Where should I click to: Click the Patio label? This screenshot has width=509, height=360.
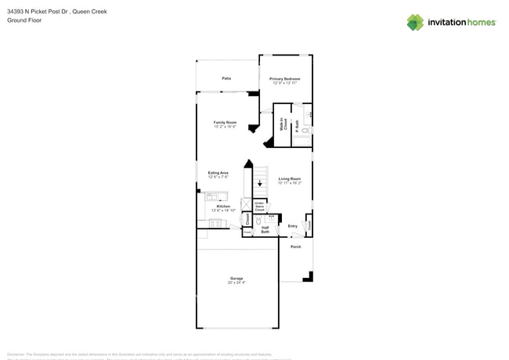[x=226, y=78]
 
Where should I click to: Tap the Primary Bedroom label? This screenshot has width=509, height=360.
[x=284, y=79]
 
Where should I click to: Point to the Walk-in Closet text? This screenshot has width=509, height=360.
[x=283, y=124]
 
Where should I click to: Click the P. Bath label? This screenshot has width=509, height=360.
[x=297, y=124]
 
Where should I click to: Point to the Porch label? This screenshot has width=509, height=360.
[x=295, y=247]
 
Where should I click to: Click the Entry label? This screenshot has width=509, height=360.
[x=292, y=226]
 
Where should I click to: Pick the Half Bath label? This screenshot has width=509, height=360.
[x=265, y=230]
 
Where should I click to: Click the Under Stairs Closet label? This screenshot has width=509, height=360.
[x=259, y=207]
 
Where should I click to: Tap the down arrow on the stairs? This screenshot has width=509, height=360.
[x=260, y=182]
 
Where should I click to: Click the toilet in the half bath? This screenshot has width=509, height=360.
[x=258, y=221]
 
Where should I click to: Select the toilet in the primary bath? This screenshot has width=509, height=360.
[x=305, y=131]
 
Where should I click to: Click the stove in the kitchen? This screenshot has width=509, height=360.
[x=215, y=224]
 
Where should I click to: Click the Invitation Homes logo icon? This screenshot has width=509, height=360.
[x=415, y=23]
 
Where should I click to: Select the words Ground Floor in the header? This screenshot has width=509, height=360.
[x=24, y=20]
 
